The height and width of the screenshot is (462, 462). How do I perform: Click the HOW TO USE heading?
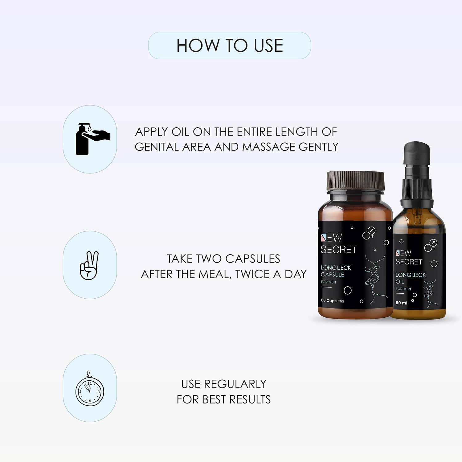(x=229, y=46)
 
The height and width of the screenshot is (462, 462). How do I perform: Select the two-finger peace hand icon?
(x=89, y=265)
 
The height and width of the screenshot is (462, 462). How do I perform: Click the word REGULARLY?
(x=235, y=384)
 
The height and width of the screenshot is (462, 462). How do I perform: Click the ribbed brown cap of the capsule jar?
(x=355, y=181)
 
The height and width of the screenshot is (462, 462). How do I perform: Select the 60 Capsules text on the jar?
(x=332, y=301)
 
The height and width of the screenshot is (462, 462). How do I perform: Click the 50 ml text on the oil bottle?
(x=401, y=303)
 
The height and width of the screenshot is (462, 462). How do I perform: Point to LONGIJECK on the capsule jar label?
(x=336, y=268)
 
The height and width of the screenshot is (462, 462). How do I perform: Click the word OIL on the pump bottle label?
(x=399, y=282)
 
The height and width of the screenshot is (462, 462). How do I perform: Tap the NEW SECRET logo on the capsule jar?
(x=338, y=243)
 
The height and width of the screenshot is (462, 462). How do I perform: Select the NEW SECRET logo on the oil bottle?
(x=409, y=258)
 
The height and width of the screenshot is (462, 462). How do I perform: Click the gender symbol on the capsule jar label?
(x=369, y=233)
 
